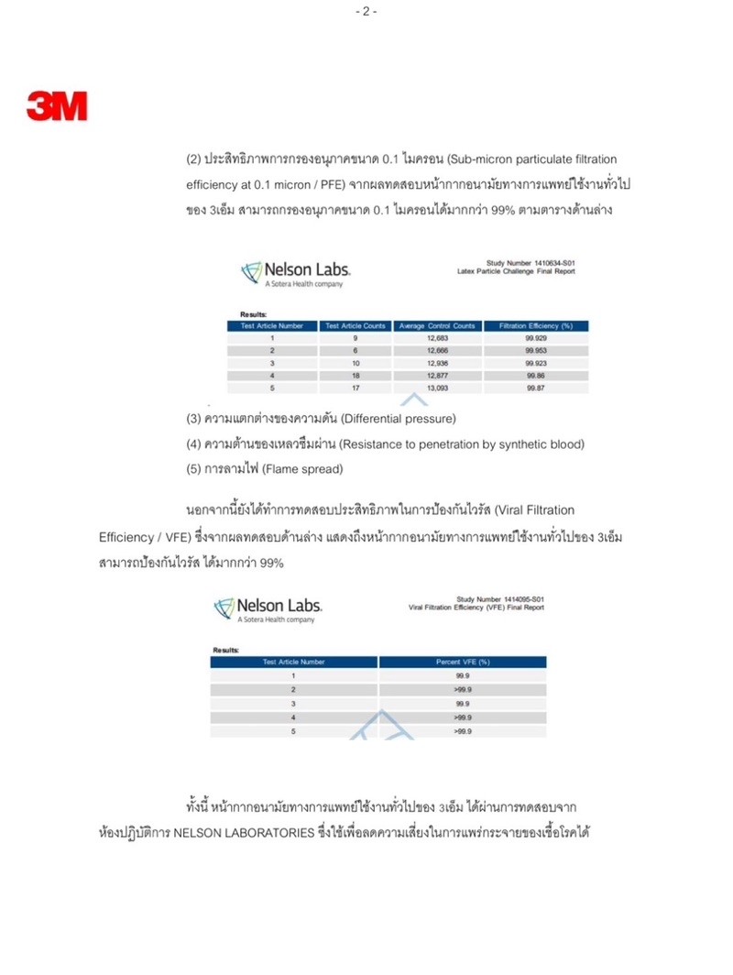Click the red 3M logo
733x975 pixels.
[57, 106]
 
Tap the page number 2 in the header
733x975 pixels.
[366, 11]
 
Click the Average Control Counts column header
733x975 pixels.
[437, 325]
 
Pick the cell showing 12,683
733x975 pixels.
[437, 338]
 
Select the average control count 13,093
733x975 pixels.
[437, 389]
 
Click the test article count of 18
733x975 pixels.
[355, 376]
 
